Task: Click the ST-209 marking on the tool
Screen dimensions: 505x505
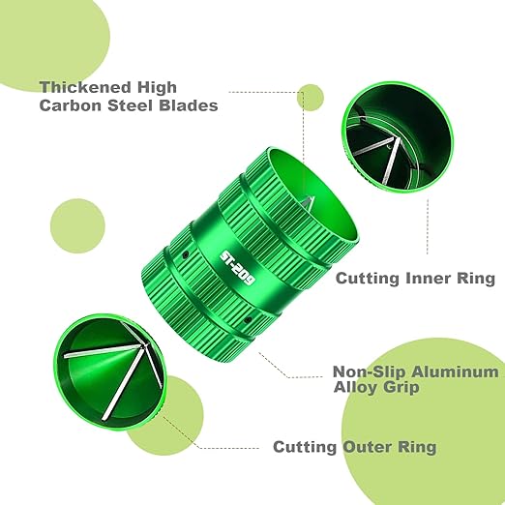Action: [237, 268]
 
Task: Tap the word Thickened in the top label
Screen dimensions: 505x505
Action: [85, 87]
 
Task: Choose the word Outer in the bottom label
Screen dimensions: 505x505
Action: [367, 447]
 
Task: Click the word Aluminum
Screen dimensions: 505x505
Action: [455, 371]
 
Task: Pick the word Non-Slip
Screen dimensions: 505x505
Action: [369, 371]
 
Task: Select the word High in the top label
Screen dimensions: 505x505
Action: [157, 88]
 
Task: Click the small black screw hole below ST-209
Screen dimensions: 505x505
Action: [248, 320]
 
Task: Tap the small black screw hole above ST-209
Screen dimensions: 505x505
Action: [185, 255]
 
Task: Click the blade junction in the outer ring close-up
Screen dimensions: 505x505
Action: [142, 346]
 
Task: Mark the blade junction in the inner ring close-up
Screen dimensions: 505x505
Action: [396, 139]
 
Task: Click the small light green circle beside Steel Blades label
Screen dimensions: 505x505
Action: [311, 98]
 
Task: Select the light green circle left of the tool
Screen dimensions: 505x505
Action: [77, 225]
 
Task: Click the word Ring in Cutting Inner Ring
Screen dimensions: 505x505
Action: [476, 279]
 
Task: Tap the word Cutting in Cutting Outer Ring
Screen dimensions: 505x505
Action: [305, 448]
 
